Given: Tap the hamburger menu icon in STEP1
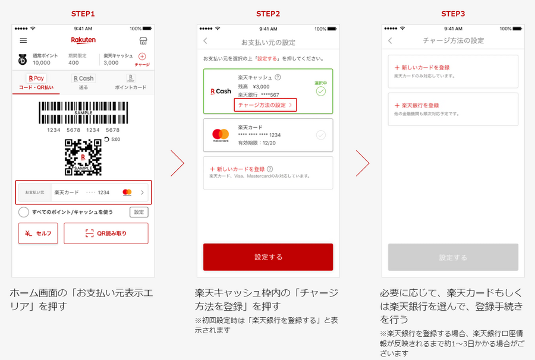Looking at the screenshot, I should point(24,40).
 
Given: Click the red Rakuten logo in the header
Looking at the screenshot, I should point(83,40).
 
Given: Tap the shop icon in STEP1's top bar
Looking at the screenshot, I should point(143,40).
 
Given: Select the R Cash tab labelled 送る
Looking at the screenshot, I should point(83,81).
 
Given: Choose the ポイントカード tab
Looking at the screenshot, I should point(130,81).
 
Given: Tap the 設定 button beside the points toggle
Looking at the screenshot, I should point(139,212).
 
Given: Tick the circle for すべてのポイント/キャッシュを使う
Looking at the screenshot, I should point(24,212).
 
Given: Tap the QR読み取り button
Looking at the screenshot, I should point(106,233).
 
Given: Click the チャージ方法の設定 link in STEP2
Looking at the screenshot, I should point(265,105).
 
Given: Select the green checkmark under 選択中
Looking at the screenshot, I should point(321,91).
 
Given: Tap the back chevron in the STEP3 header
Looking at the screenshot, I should point(390,40).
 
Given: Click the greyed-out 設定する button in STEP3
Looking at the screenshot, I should point(453,257).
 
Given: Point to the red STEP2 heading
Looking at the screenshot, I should point(268,14).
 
